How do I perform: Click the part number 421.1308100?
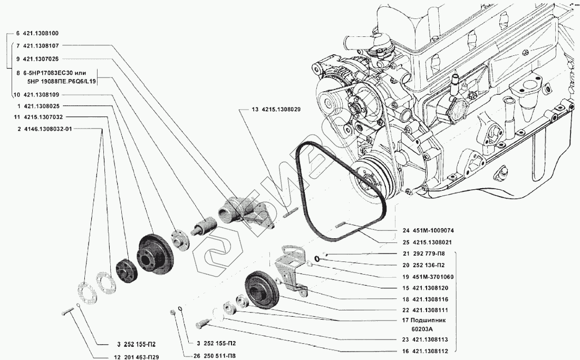41,33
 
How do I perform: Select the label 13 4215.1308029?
276,110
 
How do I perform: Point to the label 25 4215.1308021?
427,242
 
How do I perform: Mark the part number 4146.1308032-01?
48,129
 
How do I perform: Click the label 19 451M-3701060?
428,277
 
